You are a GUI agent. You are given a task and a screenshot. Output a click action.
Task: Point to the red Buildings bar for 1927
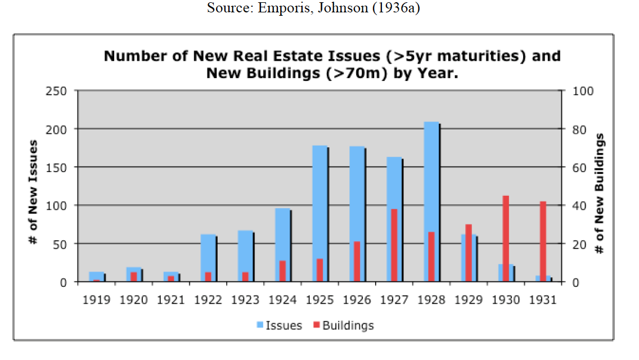[x=394, y=245]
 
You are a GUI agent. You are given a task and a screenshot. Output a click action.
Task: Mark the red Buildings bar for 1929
[x=469, y=253]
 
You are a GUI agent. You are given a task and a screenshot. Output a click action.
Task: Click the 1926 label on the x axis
[x=357, y=300]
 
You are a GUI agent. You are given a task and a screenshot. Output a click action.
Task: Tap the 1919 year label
[x=96, y=300]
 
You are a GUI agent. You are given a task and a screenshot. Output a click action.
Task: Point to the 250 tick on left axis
[x=58, y=91]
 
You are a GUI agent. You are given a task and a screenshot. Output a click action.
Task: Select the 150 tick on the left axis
[x=58, y=168]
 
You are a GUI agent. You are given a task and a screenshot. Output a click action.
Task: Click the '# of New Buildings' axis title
[x=601, y=192]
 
